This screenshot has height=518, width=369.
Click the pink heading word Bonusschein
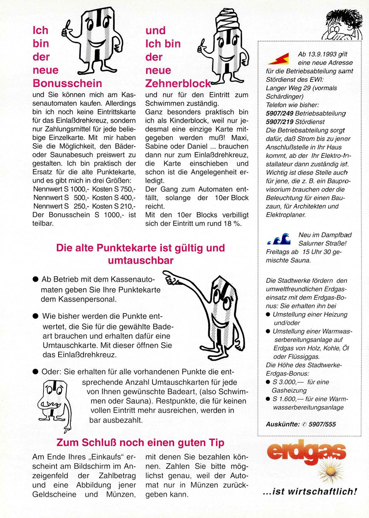[x=67, y=83]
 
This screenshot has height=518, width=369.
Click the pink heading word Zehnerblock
[x=178, y=84]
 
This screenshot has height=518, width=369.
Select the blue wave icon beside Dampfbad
[x=279, y=239]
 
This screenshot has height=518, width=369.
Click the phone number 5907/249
[x=279, y=113]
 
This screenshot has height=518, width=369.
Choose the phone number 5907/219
[x=279, y=122]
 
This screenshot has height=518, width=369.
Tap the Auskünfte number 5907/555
[x=322, y=424]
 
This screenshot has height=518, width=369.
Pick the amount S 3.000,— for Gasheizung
[x=284, y=382]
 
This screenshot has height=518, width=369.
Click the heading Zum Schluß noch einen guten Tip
[x=140, y=443]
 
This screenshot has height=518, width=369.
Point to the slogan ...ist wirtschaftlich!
[x=310, y=492]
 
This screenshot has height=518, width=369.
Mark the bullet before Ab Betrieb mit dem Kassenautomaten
[x=35, y=279]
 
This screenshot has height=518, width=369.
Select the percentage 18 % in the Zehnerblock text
[x=233, y=223]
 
